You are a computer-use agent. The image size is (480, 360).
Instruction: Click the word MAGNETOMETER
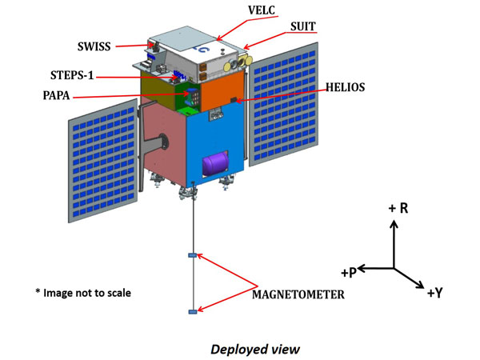tap(298, 294)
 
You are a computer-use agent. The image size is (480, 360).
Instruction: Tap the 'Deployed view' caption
tap(250, 349)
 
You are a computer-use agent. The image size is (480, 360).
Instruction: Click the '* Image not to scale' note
tap(83, 293)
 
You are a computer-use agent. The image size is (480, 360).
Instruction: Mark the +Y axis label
tap(434, 293)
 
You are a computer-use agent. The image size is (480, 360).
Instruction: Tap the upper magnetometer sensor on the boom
tap(192, 255)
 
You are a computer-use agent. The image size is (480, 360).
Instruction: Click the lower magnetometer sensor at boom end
tap(192, 311)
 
